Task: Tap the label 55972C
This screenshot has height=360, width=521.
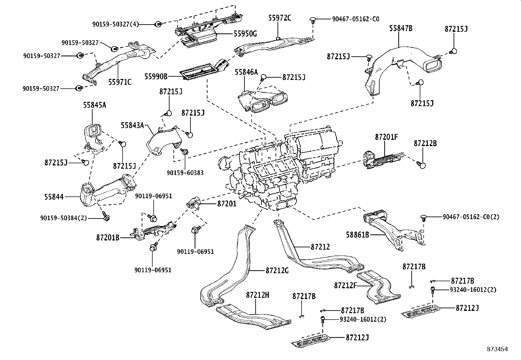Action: click(x=279, y=18)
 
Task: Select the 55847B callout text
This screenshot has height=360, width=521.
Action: click(x=401, y=28)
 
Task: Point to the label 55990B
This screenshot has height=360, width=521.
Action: click(x=156, y=76)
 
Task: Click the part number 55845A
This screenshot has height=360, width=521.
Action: click(x=95, y=105)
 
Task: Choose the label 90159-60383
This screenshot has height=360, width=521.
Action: click(x=185, y=173)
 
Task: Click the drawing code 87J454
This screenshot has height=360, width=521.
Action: click(x=497, y=349)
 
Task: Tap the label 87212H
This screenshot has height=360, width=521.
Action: click(x=258, y=295)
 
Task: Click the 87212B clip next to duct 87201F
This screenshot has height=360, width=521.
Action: click(x=422, y=165)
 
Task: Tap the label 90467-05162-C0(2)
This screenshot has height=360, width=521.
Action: click(x=471, y=217)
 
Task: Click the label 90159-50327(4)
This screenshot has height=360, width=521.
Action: click(x=116, y=24)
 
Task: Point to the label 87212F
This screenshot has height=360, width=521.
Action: click(x=345, y=285)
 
